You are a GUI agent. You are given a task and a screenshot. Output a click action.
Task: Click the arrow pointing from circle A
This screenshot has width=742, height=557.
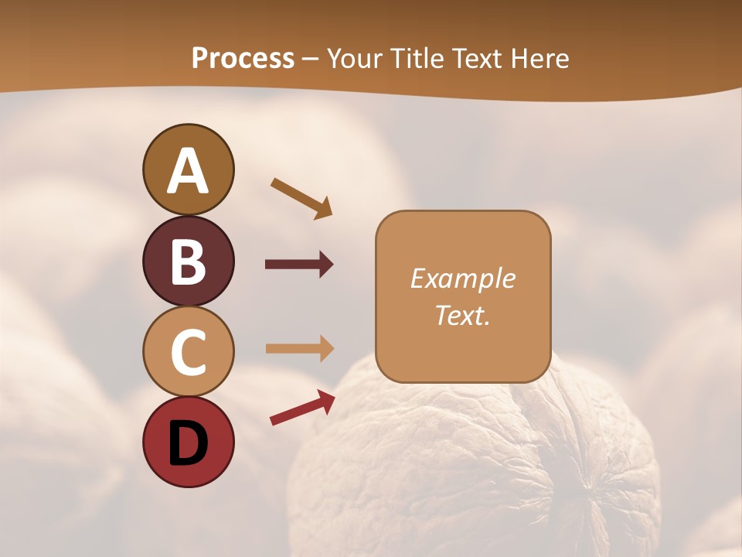(301, 197)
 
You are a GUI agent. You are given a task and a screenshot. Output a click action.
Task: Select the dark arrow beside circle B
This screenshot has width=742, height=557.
(299, 265)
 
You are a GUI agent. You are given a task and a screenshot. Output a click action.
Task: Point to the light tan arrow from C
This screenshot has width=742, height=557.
(299, 349)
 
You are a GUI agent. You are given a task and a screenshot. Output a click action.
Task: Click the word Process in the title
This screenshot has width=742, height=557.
(243, 59)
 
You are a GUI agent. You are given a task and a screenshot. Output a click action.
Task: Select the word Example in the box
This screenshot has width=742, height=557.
(463, 278)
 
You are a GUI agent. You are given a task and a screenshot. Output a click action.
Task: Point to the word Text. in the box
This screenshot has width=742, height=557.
(463, 316)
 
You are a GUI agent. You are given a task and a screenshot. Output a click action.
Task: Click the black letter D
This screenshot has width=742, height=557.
(188, 443)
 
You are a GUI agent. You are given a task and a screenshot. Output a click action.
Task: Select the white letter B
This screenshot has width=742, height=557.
(188, 261)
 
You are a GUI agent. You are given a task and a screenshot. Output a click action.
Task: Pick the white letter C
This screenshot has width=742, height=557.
(188, 352)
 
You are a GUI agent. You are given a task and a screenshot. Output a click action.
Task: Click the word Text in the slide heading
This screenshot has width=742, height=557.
(477, 59)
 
